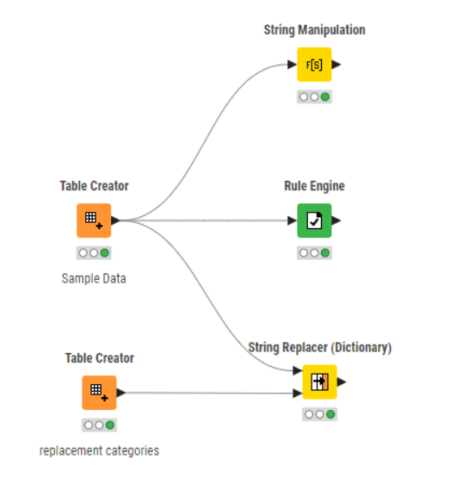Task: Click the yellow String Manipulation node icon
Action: click(x=314, y=65)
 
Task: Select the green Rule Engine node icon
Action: click(x=314, y=220)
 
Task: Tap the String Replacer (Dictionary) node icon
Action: click(x=319, y=381)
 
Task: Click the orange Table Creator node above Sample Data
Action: click(x=94, y=220)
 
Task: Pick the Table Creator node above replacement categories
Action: click(x=99, y=393)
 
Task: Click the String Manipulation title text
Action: click(x=314, y=30)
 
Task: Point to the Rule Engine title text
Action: click(x=314, y=186)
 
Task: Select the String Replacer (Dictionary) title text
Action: click(x=319, y=348)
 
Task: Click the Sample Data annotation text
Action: click(x=94, y=278)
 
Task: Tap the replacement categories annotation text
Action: click(x=99, y=451)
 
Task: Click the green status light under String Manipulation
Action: click(x=325, y=96)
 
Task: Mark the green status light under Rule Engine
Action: click(x=325, y=253)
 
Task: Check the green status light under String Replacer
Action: click(x=330, y=414)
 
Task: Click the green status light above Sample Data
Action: click(x=105, y=253)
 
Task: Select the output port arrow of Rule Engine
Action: click(x=336, y=220)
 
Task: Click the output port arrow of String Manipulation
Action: click(x=336, y=65)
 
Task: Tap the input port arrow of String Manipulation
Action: click(x=292, y=65)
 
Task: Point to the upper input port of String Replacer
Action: click(x=298, y=371)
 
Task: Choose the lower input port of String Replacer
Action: click(x=298, y=394)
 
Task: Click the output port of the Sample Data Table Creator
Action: click(x=115, y=220)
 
